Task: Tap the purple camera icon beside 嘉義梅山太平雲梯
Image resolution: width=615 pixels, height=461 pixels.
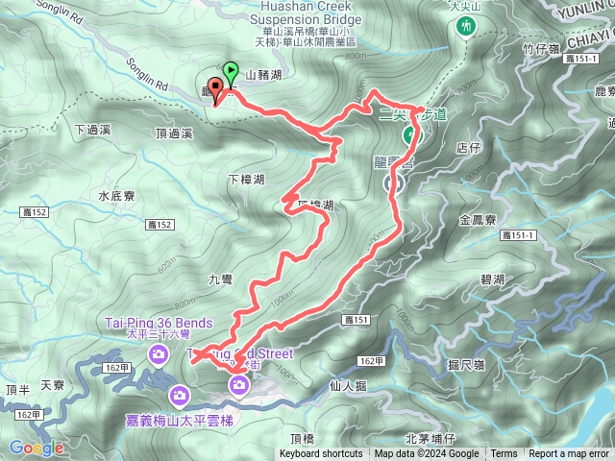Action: (180, 395)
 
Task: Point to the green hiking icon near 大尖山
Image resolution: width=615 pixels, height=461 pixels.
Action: (465, 27)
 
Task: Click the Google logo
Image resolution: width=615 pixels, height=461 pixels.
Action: (37, 448)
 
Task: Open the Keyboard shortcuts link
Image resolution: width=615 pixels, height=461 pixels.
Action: (321, 454)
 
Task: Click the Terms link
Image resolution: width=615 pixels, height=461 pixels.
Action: (504, 454)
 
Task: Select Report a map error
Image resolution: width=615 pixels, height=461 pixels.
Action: (569, 454)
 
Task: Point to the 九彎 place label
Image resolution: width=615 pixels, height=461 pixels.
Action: (220, 279)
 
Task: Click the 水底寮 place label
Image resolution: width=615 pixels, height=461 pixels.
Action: (116, 195)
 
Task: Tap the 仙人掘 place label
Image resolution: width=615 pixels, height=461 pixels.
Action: (348, 385)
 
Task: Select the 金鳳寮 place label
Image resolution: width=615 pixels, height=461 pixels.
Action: (478, 220)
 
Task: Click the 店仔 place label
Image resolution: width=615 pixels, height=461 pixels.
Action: (468, 148)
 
